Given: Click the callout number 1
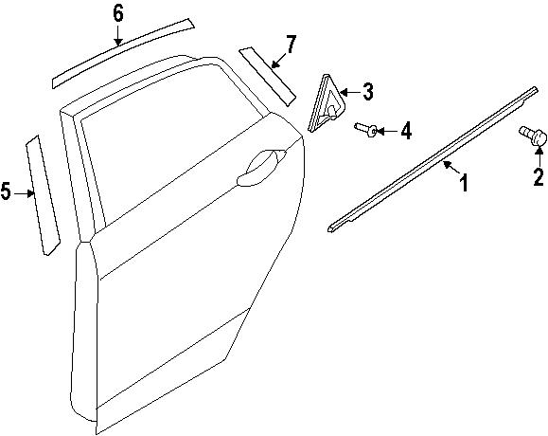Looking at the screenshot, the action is pos(464,183).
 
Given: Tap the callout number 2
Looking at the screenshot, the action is pos(539,177).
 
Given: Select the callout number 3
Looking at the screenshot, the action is pos(367,92).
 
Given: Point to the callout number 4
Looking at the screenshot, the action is pos(406,131).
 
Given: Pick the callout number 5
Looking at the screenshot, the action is pos(6,191).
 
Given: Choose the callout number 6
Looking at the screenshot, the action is pos(118,14).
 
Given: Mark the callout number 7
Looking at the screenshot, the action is pos(291,45).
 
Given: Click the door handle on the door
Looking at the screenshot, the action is pos(260,167).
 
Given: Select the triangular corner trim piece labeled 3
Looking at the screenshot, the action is pos(327,103).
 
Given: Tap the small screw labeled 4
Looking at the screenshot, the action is pos(365,129).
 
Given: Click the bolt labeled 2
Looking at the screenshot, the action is pos(532,136).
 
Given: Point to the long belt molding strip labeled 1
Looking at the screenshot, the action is pos(432,159).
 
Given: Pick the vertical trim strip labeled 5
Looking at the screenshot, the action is pos(43,194).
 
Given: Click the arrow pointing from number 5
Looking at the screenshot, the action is pos(24,192).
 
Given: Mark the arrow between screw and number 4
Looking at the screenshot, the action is pos(387,131).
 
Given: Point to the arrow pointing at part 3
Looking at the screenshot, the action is pos(350,92).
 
